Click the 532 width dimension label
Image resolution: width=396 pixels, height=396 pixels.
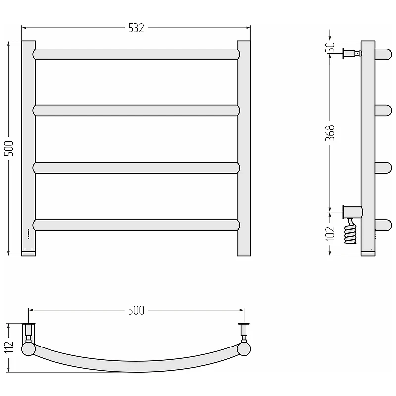pos(136,28)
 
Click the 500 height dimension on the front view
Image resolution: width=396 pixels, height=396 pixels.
pos(9,148)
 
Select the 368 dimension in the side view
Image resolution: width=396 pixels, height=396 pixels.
pos(330,133)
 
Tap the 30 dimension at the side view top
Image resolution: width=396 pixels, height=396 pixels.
pos(330,47)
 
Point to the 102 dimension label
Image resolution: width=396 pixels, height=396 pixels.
pos(330,234)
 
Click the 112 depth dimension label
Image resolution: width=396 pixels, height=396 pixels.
pos(9,347)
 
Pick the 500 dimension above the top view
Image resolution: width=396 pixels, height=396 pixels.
pos(136,310)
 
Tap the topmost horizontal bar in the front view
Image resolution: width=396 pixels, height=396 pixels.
pos(136,54)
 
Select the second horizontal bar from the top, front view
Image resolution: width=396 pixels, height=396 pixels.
pos(136,110)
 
